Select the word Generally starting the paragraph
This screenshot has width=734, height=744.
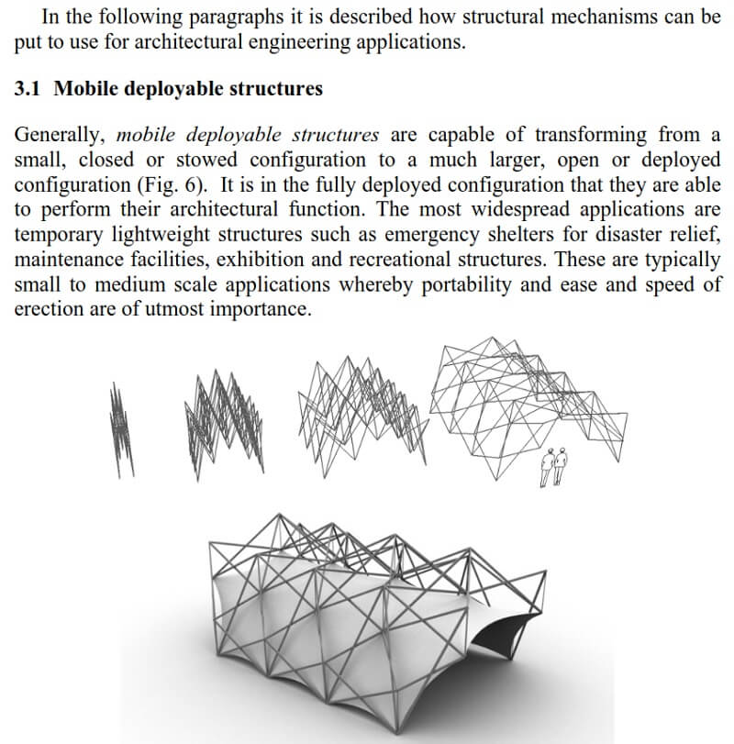point(59,135)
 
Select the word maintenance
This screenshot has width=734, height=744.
point(73,261)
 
